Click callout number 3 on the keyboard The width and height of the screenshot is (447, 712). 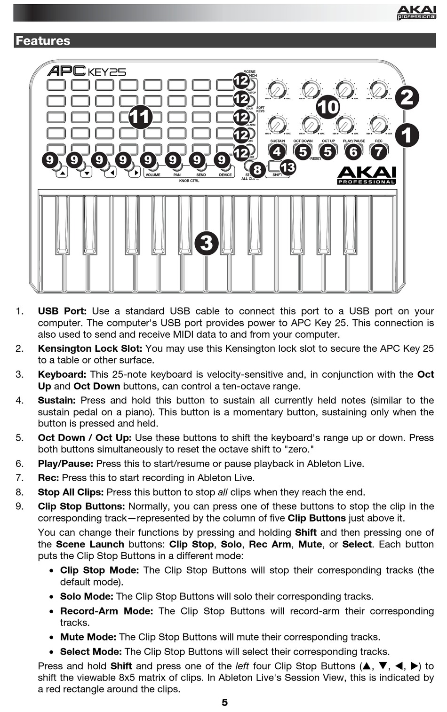coord(206,243)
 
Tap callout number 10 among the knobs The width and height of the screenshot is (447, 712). coord(328,107)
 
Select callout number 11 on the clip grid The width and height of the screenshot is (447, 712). coord(140,117)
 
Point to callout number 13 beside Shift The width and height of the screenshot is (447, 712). coord(287,167)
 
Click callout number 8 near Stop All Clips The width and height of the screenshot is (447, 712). coord(257,169)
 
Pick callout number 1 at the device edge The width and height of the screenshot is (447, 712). coord(407,135)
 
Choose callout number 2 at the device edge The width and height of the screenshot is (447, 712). coord(407,97)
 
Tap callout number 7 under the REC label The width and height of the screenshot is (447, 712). coord(379,151)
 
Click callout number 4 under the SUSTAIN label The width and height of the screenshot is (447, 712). coord(278,151)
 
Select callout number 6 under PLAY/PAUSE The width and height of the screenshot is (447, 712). coord(353,151)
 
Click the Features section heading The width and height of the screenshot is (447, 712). coord(43,41)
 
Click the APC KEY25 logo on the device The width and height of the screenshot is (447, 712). coord(87,71)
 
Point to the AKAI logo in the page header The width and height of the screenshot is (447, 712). coord(416,12)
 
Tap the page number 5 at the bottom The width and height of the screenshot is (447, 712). coord(224,702)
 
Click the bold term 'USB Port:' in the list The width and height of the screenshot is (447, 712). coord(62,311)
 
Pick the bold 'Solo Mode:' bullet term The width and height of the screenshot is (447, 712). coord(87,596)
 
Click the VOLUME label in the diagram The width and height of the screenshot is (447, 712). coord(153,175)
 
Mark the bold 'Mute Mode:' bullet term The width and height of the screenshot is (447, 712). coord(88,637)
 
